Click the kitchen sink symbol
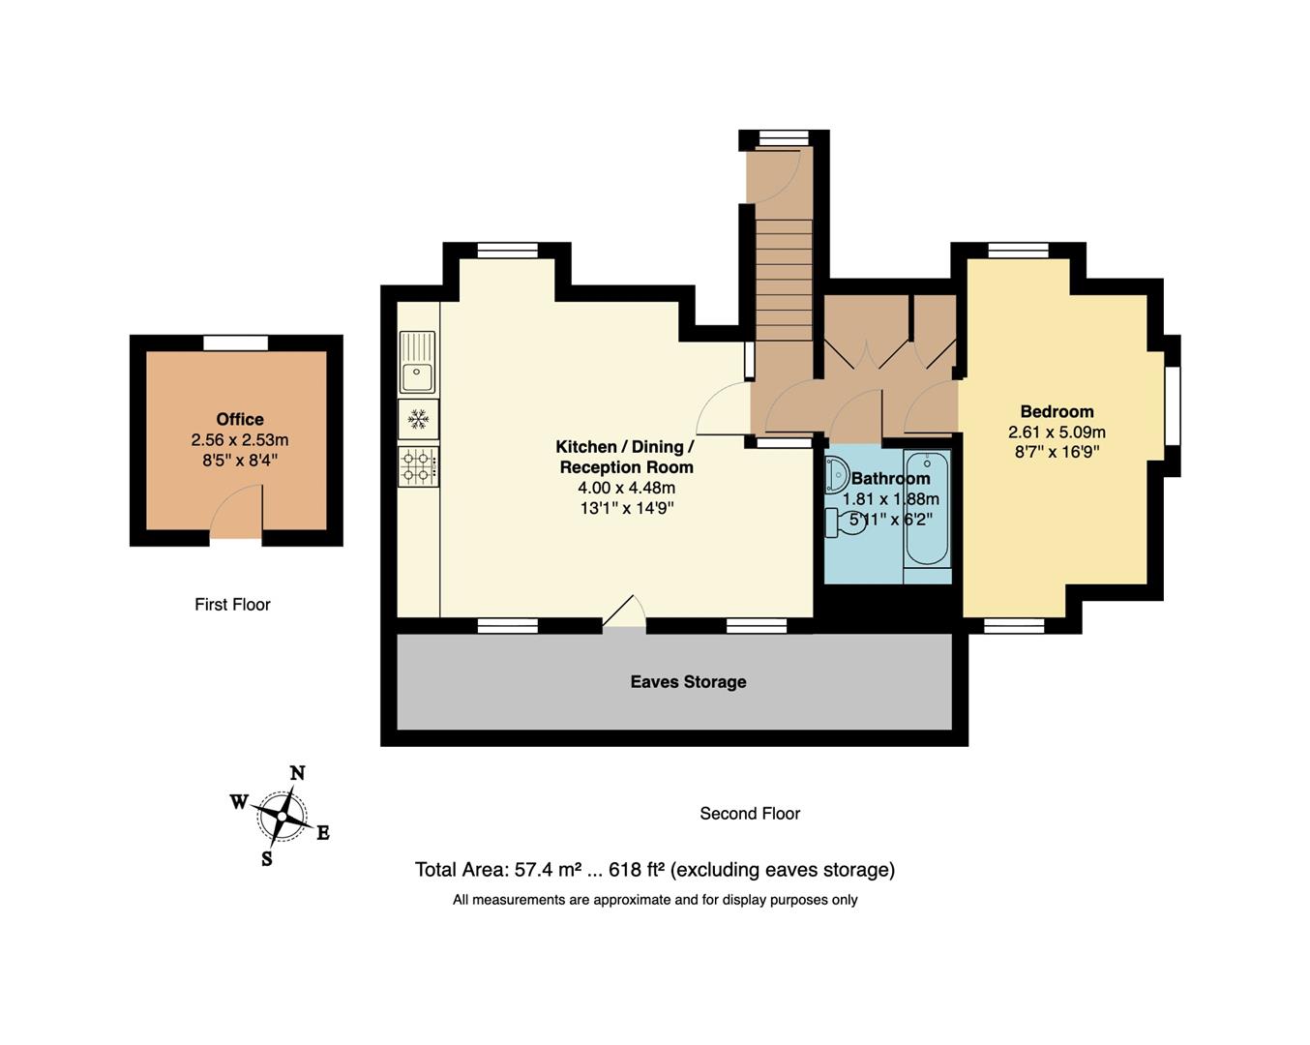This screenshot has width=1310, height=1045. (x=418, y=361)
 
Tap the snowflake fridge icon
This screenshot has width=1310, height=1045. (x=418, y=419)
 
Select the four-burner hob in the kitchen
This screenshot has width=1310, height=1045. (x=418, y=465)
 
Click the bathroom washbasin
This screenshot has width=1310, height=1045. (x=836, y=475)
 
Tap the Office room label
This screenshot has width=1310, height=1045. (x=240, y=419)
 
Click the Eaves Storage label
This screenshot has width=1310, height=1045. (x=688, y=681)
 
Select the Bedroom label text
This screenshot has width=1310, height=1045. (x=1057, y=411)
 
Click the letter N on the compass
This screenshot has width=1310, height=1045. (x=298, y=772)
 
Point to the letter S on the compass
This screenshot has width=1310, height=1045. (x=267, y=858)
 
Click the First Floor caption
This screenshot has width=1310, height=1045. (x=232, y=604)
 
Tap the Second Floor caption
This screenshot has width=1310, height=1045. (x=750, y=813)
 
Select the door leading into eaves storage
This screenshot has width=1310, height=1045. (x=624, y=613)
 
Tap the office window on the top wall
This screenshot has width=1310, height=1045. (x=236, y=343)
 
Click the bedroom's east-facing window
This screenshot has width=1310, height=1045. (x=1173, y=404)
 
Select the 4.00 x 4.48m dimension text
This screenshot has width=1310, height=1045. (x=626, y=488)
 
